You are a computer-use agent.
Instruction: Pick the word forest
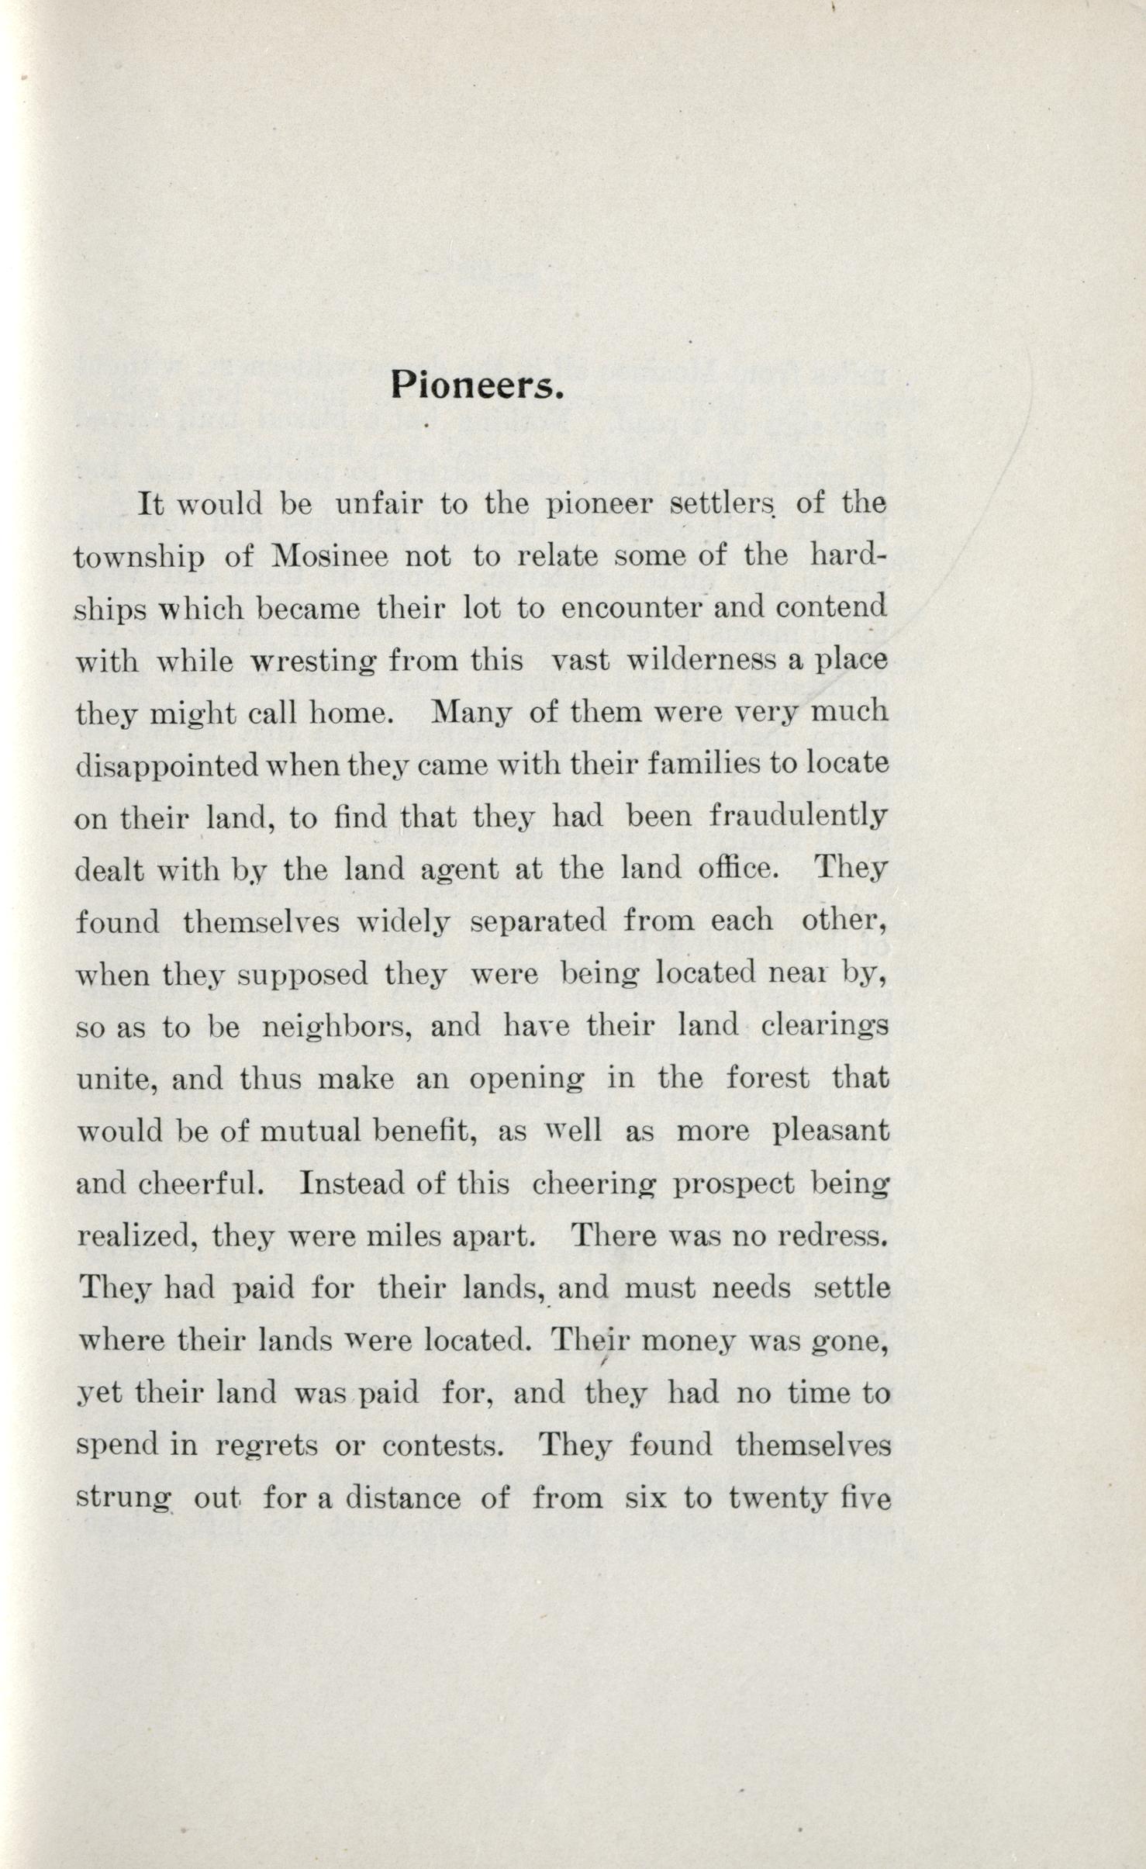768,1078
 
